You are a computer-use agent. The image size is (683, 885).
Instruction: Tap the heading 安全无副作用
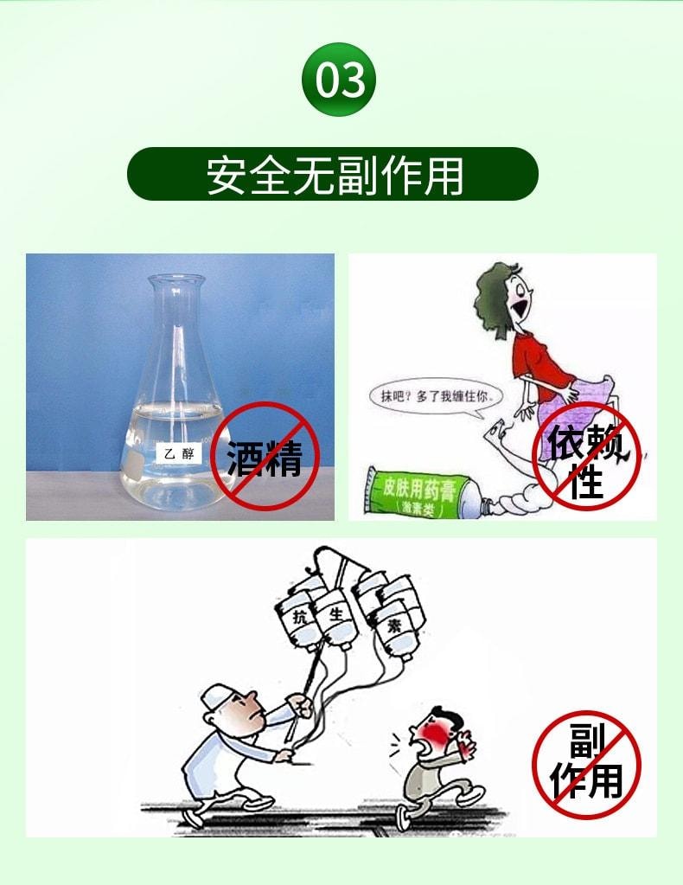click(x=333, y=175)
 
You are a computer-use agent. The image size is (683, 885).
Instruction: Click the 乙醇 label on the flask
click(x=177, y=452)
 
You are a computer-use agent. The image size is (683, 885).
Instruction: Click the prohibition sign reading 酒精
click(x=265, y=456)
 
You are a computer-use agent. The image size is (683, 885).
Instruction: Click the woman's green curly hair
click(x=497, y=294)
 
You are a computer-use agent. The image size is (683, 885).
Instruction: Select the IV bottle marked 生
click(x=336, y=620)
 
